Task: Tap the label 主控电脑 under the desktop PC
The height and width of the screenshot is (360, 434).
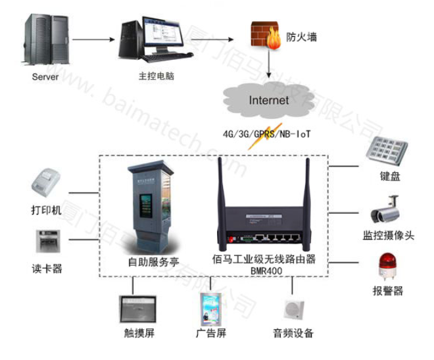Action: tap(157, 75)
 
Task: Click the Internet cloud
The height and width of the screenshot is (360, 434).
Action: tap(268, 101)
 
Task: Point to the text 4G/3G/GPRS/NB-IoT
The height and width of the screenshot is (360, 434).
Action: tap(267, 134)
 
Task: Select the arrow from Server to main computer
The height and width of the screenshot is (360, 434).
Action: tap(91, 39)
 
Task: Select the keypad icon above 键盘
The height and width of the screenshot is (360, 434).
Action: tap(386, 152)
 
